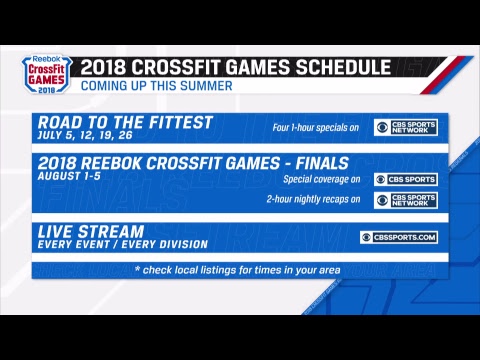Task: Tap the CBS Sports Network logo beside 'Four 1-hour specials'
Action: [x=405, y=128]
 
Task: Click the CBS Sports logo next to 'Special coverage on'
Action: [x=405, y=180]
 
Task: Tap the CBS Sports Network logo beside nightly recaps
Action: [x=405, y=200]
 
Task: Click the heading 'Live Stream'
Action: [x=88, y=231]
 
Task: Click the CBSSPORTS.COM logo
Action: [x=398, y=237]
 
